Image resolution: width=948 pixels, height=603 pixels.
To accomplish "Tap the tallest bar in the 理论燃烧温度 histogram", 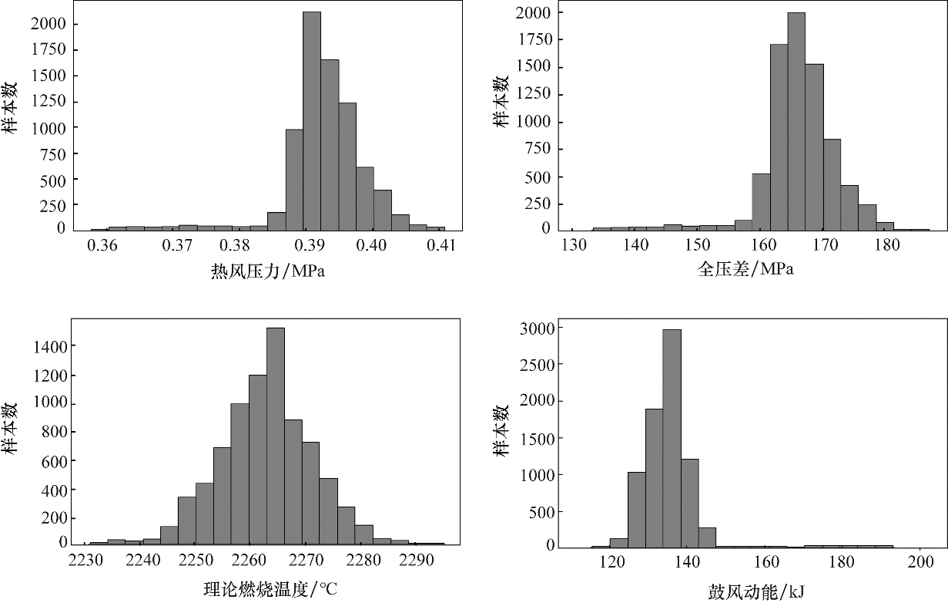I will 276,436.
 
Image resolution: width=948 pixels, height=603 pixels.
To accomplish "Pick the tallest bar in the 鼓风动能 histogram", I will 672,438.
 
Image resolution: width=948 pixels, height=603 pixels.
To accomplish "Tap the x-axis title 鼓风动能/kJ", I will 750,591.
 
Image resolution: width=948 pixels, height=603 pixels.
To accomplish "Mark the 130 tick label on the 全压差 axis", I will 573,246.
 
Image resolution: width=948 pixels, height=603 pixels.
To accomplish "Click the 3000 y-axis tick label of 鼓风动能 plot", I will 539,328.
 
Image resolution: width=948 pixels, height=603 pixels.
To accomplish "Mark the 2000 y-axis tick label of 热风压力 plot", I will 52,24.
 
